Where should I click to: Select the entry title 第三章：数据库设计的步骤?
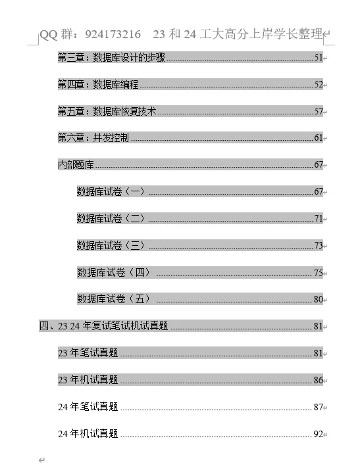point(111,58)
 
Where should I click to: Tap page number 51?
point(318,58)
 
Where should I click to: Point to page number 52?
point(318,84)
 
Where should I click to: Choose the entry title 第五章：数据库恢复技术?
point(107,111)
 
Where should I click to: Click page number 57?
point(318,111)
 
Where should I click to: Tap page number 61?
point(318,138)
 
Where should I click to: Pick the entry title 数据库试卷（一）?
point(111,191)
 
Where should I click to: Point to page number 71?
point(318,218)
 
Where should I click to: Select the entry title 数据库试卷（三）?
point(111,245)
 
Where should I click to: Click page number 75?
point(318,272)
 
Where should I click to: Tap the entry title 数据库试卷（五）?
point(114,299)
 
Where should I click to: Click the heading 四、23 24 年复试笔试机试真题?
point(104,326)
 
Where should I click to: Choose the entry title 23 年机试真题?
point(88,380)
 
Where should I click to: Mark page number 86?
point(318,380)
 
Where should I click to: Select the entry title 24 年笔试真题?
point(88,407)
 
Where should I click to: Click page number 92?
point(318,434)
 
